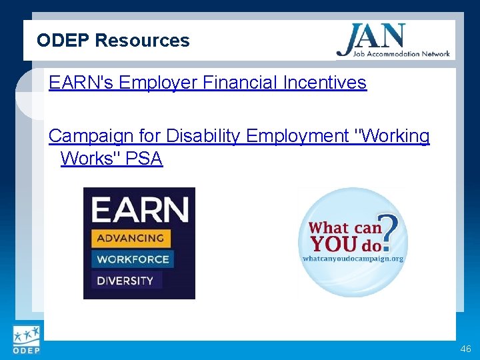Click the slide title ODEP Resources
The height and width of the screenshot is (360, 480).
pos(113,41)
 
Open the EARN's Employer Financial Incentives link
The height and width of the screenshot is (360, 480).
pos(207,83)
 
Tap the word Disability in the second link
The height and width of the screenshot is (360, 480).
pos(203,137)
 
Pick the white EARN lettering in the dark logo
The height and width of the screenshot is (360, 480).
pos(140,210)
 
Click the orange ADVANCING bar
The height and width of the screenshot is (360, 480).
pos(131,238)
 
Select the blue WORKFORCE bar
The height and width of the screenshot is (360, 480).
pos(133,259)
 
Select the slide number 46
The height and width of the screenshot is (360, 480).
pos(465,349)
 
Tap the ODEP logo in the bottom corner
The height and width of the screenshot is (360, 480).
pos(26,339)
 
